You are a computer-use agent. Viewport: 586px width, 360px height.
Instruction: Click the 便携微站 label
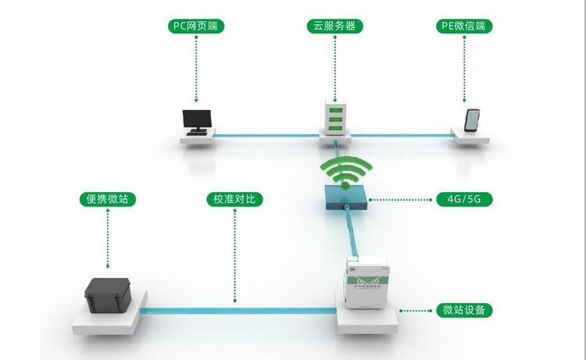(x=108, y=199)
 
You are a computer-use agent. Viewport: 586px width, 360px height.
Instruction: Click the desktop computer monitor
(x=195, y=119)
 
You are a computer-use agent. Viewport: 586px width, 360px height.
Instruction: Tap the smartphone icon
(x=473, y=120)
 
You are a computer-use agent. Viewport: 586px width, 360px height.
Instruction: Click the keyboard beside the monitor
(x=198, y=133)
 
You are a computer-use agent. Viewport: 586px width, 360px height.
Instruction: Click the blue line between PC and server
(x=266, y=137)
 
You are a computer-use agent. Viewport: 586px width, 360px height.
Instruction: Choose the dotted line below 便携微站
(x=108, y=238)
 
